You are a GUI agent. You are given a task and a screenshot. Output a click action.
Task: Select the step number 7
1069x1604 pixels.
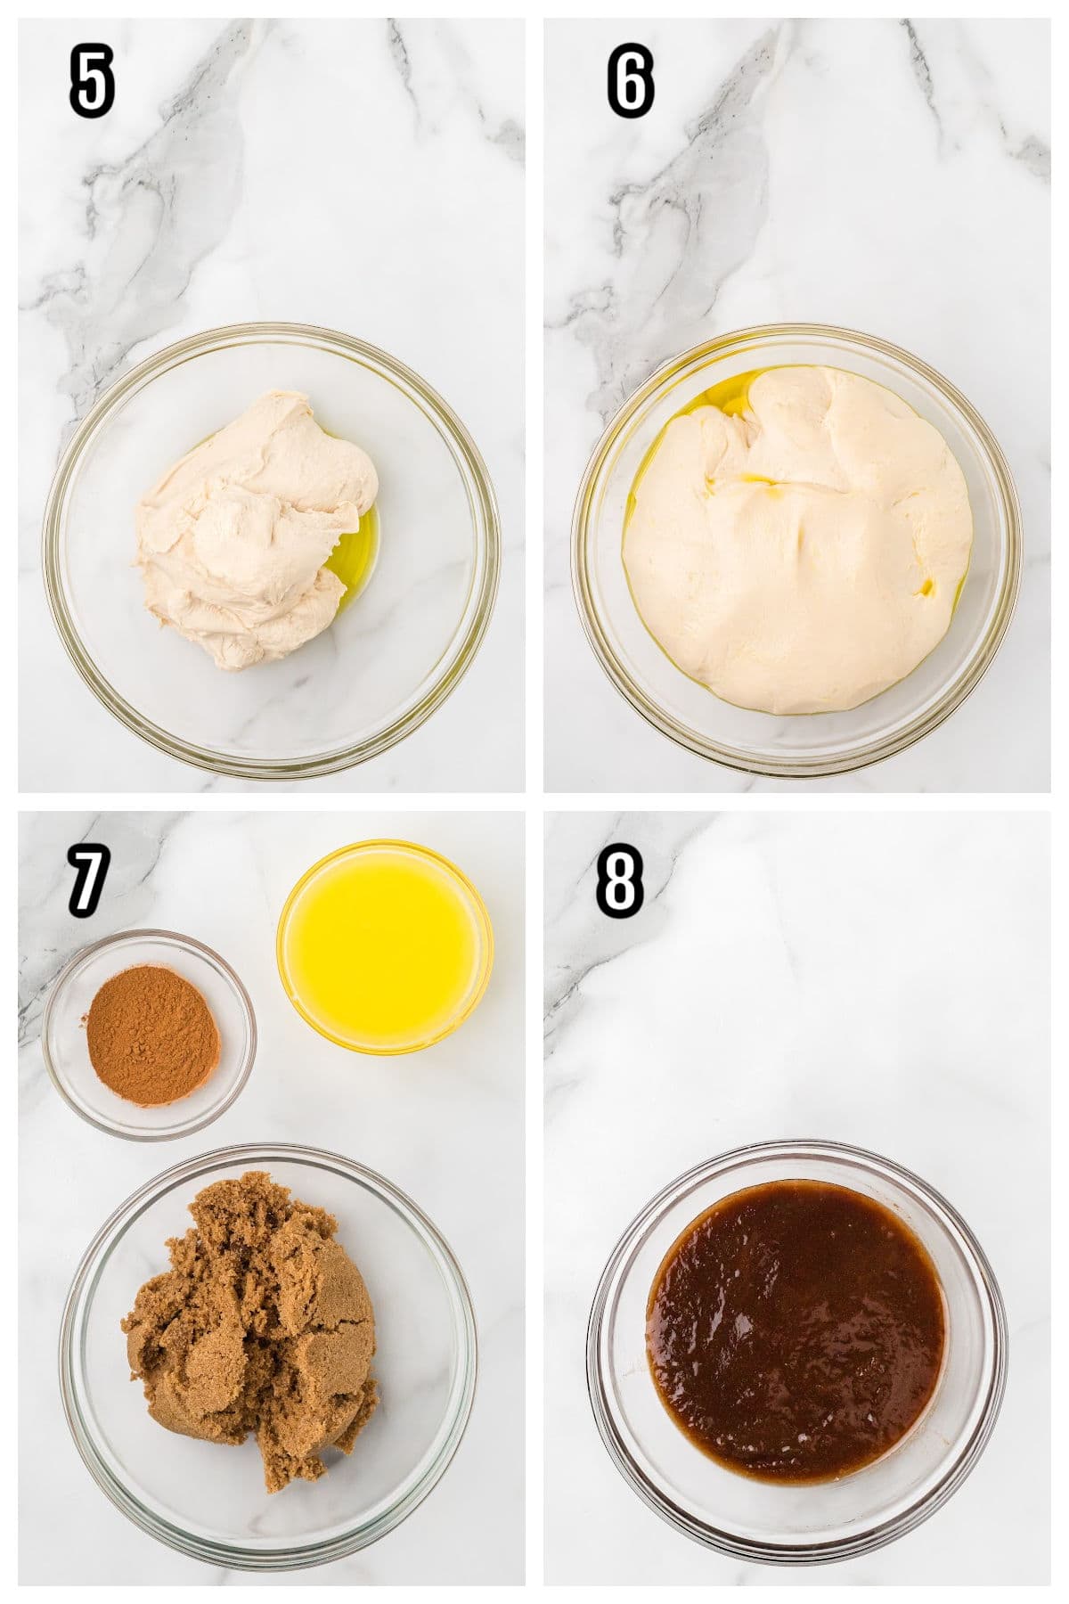[87, 880]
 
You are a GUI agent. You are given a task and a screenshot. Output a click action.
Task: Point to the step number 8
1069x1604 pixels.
[619, 880]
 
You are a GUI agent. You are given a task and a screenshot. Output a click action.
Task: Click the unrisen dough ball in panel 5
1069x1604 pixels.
[249, 526]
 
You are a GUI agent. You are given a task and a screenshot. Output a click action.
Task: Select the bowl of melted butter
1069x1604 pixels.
[385, 945]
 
